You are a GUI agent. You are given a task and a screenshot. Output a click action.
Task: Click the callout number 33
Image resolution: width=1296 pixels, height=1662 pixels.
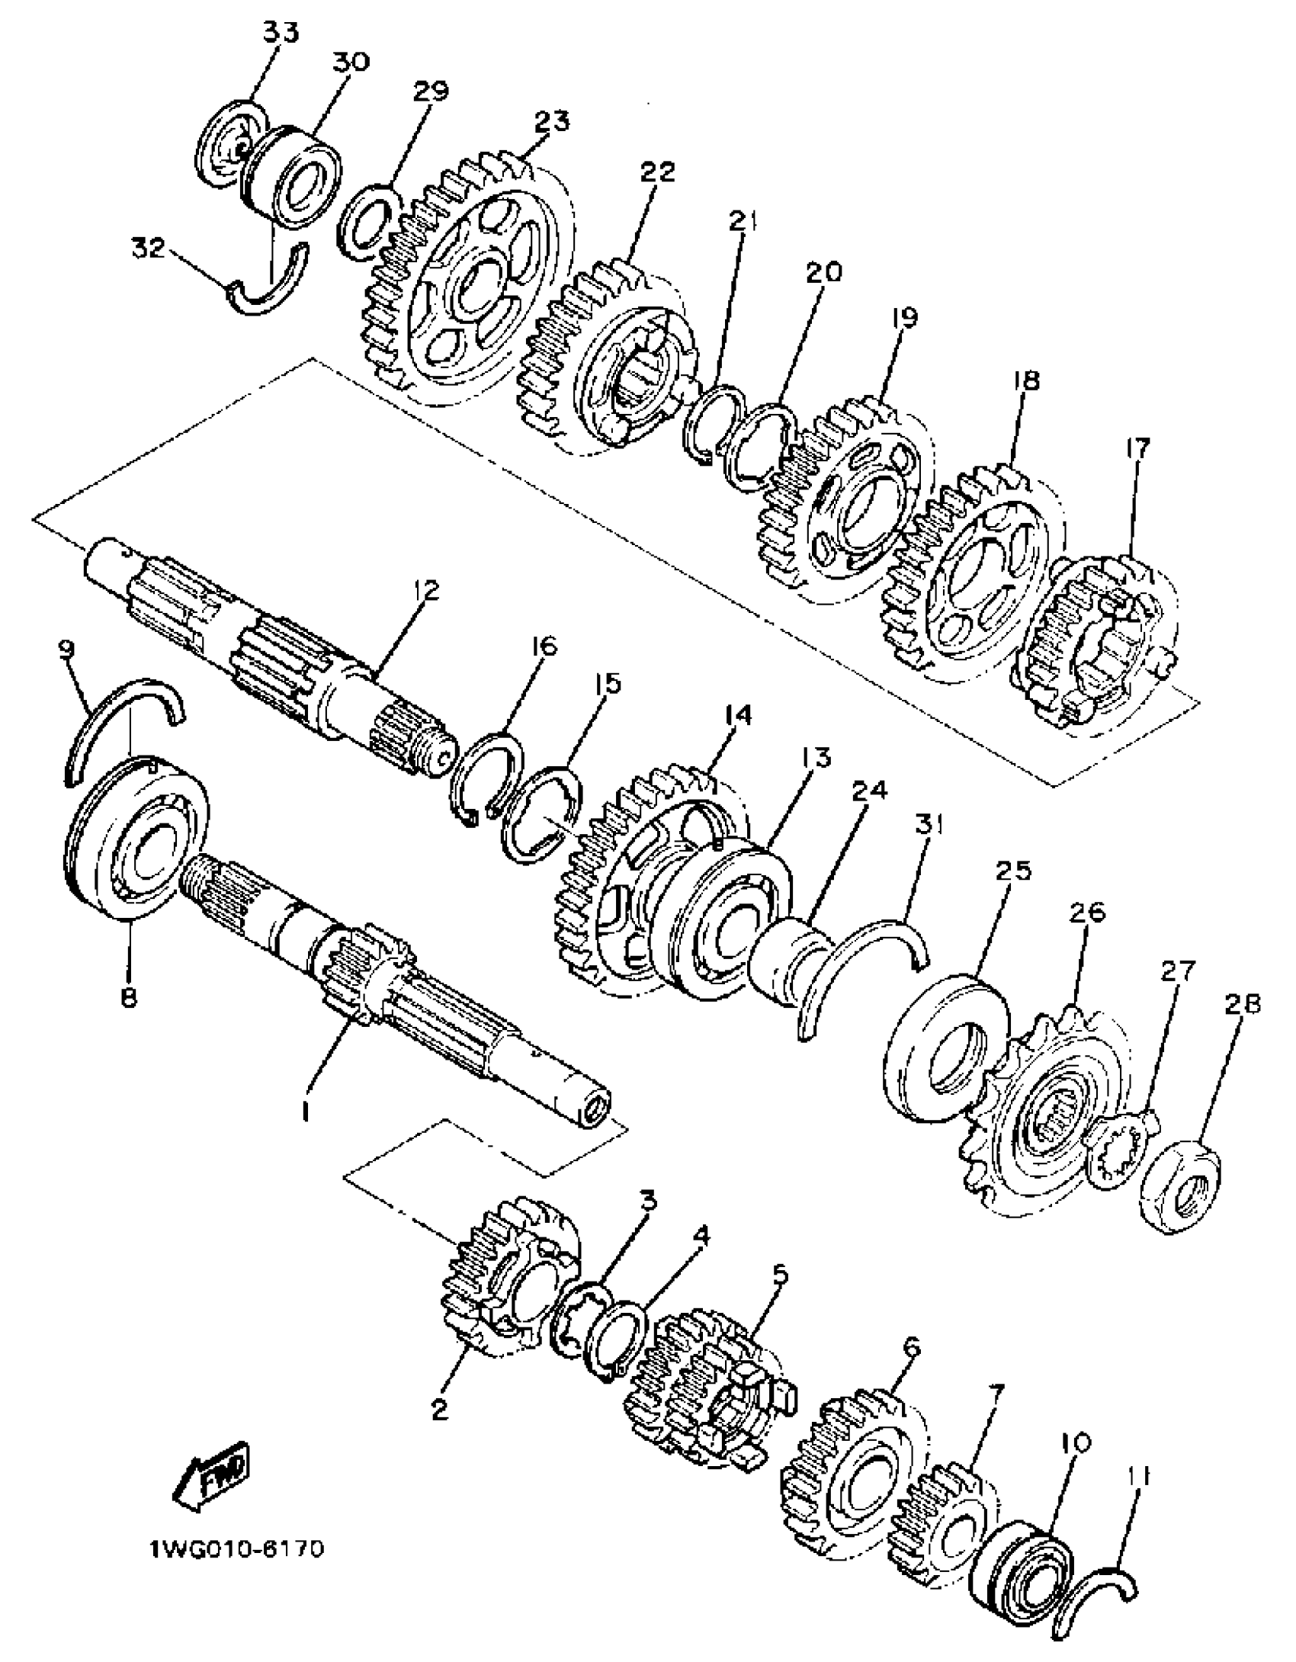pyautogui.click(x=281, y=33)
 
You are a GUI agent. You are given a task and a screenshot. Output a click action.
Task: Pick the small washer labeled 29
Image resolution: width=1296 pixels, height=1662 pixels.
pyautogui.click(x=370, y=223)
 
